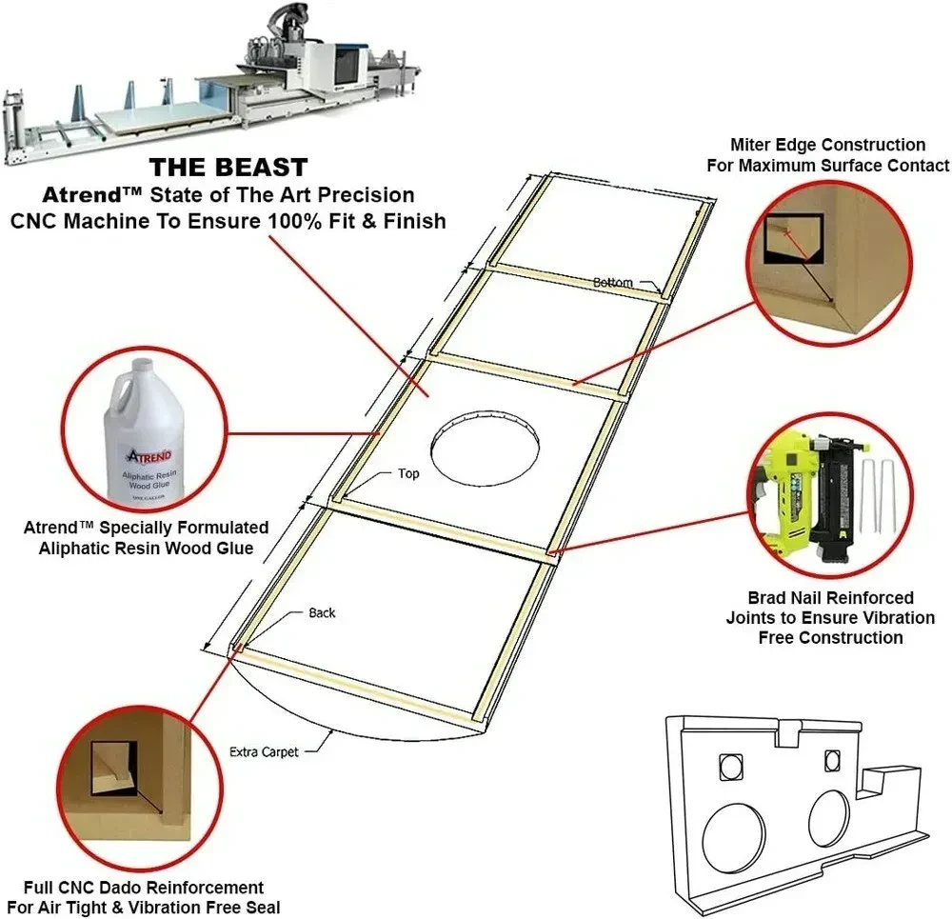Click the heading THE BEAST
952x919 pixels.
coord(228,169)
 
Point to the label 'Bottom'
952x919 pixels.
coord(613,282)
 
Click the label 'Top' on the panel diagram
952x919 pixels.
coord(408,473)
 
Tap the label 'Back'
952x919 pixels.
coord(322,612)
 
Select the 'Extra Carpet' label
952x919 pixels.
coord(264,751)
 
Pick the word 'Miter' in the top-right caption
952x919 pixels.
coord(752,145)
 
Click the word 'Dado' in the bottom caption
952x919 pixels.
coord(127,888)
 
